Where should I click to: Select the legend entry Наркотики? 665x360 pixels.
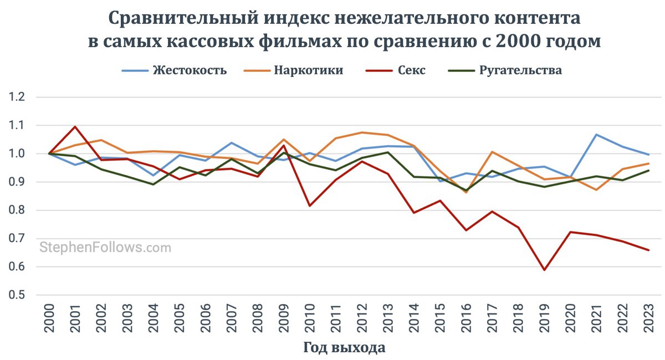(x=308, y=71)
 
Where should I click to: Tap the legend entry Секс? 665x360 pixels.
(x=411, y=71)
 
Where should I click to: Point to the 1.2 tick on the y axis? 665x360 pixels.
(x=18, y=97)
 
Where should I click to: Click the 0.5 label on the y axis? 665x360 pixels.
(x=18, y=295)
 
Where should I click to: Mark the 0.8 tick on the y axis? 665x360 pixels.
(x=18, y=210)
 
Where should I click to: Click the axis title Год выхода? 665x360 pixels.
(x=344, y=348)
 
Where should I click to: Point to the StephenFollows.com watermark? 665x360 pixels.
(x=105, y=247)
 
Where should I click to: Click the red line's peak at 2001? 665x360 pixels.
(x=75, y=126)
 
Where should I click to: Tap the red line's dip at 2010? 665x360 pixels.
(x=310, y=206)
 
